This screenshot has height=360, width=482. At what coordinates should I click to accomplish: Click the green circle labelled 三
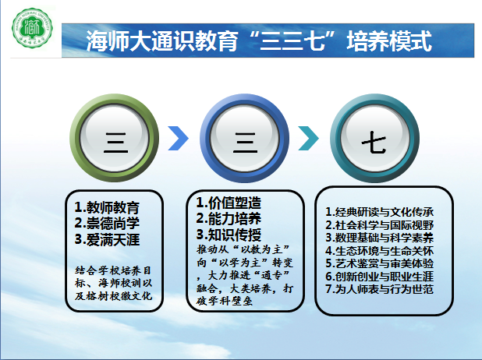tap(116, 140)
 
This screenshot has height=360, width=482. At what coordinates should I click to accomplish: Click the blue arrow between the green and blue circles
tap(179, 139)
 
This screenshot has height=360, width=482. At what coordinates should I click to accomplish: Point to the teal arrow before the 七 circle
tap(309, 139)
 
